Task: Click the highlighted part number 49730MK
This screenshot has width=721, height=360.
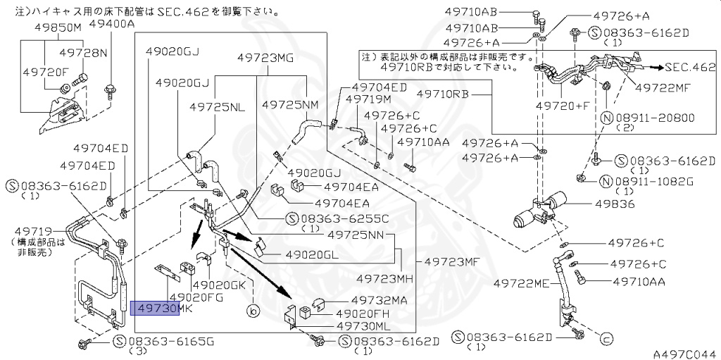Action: [x=155, y=309]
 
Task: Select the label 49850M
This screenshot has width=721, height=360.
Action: [x=58, y=27]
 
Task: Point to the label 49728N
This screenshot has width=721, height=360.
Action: [x=83, y=53]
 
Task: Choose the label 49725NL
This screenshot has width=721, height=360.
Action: [x=218, y=106]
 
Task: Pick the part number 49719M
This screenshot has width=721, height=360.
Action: [x=373, y=99]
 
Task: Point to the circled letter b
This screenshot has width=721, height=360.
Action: [x=252, y=309]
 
